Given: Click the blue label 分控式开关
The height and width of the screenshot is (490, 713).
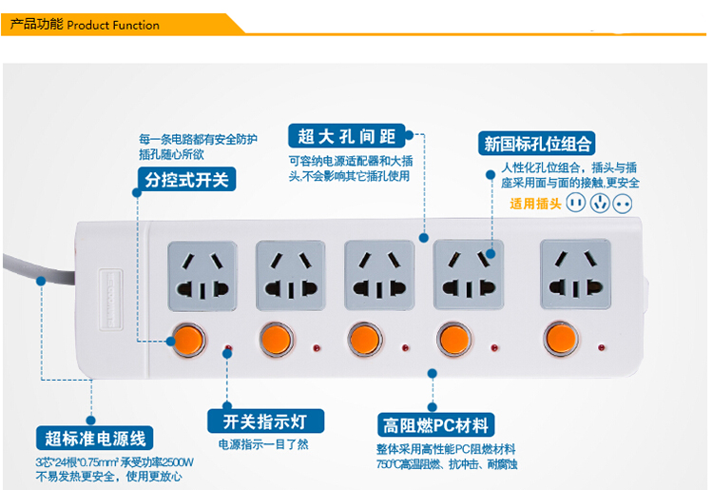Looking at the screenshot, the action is [x=186, y=179].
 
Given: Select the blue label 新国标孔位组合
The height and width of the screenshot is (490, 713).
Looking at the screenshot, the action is [x=538, y=144].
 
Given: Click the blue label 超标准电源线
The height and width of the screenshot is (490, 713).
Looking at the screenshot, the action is [x=94, y=439].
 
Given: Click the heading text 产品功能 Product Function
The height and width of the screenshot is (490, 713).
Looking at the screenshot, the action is [x=85, y=25].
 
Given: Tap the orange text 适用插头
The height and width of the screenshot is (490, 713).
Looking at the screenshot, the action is [x=535, y=203].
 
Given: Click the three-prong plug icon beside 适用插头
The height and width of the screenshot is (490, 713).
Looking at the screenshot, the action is [x=598, y=203].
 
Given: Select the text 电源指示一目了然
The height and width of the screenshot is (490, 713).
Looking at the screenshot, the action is [x=263, y=444].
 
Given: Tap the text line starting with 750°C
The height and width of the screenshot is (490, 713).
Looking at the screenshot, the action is [x=446, y=464].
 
